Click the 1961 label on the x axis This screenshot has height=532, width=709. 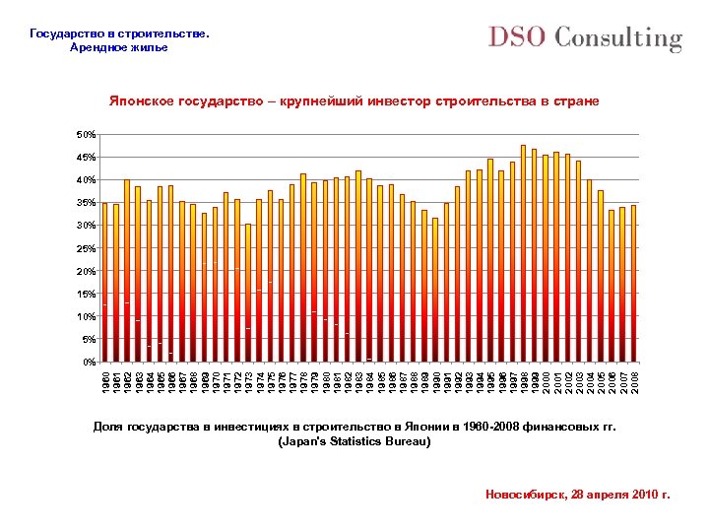click(117, 379)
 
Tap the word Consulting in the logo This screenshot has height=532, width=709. click(618, 39)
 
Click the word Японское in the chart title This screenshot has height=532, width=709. click(141, 101)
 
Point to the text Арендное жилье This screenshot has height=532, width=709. click(119, 47)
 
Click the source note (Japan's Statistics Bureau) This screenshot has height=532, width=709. click(354, 442)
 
